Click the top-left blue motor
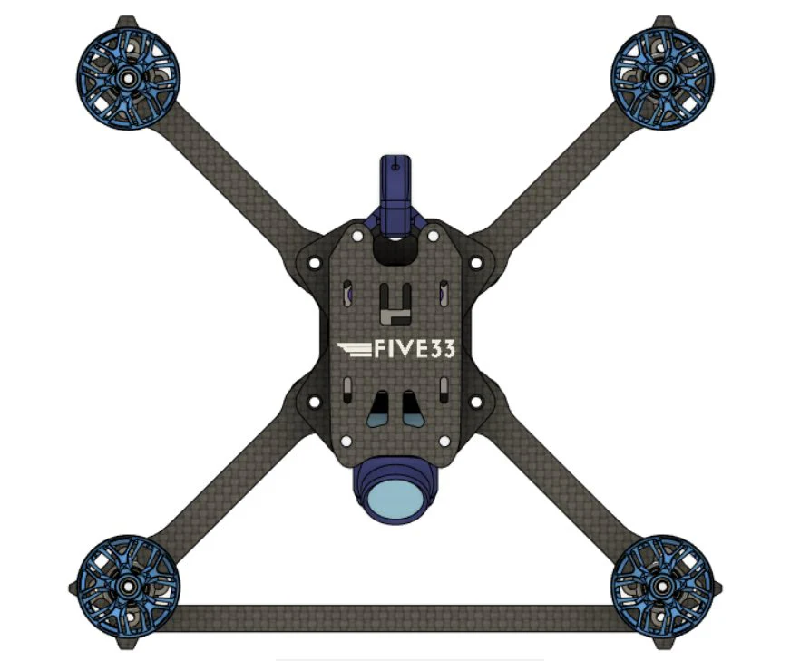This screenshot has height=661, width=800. [x=128, y=79]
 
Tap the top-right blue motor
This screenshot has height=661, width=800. [x=662, y=79]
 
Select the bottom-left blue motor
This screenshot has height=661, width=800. [x=128, y=587]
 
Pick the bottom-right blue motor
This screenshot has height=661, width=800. [x=662, y=587]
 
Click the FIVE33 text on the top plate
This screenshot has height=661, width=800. [x=415, y=349]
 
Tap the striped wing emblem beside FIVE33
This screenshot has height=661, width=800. [x=355, y=349]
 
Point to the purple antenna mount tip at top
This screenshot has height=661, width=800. [x=395, y=166]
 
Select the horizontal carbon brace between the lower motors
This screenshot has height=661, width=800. [x=395, y=617]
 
